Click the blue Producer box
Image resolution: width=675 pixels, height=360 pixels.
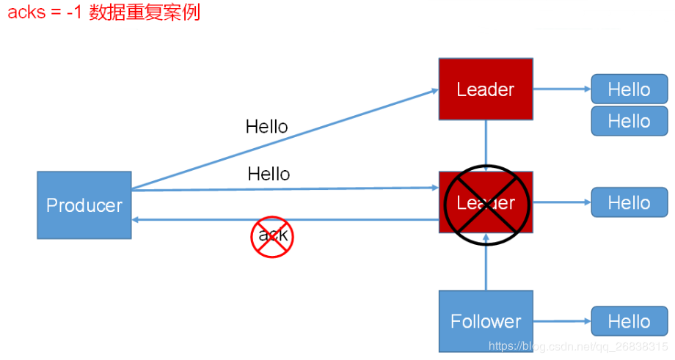pos(84,205)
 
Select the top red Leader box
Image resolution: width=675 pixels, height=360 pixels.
pos(486,89)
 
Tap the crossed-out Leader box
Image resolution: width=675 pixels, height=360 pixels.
pos(486,203)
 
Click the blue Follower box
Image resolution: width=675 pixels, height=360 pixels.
pos(486,321)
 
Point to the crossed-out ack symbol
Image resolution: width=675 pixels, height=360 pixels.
pos(272,236)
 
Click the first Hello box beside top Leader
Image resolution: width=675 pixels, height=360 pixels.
pos(630,89)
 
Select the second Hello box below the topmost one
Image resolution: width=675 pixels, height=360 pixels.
pos(630,121)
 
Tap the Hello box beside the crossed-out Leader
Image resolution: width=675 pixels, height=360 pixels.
pos(630,202)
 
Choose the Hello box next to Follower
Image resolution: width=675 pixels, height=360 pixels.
pos(630,321)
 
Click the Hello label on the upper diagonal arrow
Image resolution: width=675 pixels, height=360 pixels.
pos(266,127)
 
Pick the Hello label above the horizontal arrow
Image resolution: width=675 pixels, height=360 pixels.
pos(269,174)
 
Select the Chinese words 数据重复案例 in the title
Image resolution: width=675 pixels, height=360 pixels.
pos(145,13)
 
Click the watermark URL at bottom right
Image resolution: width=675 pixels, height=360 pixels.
pos(577,345)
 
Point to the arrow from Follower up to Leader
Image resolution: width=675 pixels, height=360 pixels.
pos(486,268)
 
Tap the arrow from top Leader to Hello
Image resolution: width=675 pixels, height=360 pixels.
pos(561,89)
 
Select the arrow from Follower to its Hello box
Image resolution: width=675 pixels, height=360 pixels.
pos(561,321)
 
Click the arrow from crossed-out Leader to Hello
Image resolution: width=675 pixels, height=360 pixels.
pos(561,202)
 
